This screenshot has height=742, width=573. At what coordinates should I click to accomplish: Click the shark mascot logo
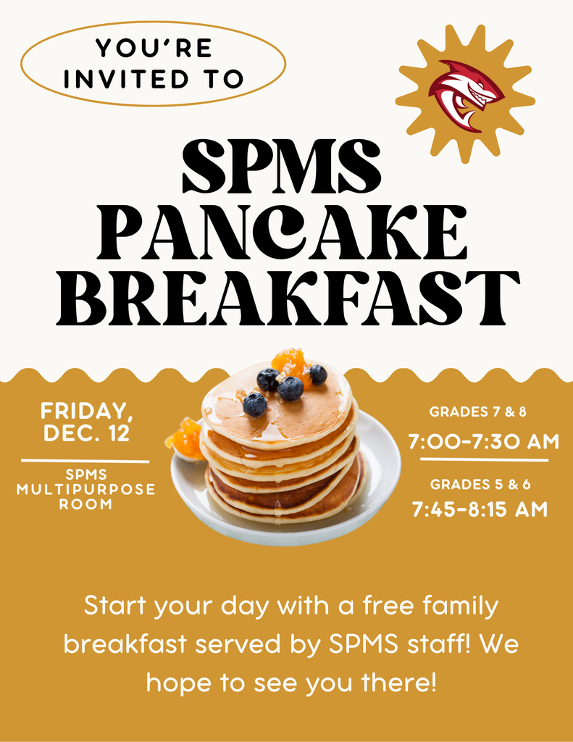(x=464, y=95)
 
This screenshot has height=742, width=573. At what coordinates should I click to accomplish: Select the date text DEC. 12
(x=87, y=434)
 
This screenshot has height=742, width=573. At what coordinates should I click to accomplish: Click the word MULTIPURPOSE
(x=86, y=490)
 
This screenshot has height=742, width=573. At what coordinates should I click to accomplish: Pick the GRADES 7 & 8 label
(x=478, y=412)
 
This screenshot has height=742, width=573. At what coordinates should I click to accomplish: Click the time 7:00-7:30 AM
(x=484, y=441)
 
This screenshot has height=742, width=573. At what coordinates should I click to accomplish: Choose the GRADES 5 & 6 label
(x=480, y=484)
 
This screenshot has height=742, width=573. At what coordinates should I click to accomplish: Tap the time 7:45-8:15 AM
(x=480, y=510)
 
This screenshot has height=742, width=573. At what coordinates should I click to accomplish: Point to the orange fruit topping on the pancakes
(x=289, y=362)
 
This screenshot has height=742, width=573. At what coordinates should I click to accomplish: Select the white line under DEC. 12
(x=85, y=460)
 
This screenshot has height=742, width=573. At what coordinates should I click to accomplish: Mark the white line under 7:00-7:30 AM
(x=483, y=459)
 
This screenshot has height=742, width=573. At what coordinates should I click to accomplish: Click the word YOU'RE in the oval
(x=154, y=49)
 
